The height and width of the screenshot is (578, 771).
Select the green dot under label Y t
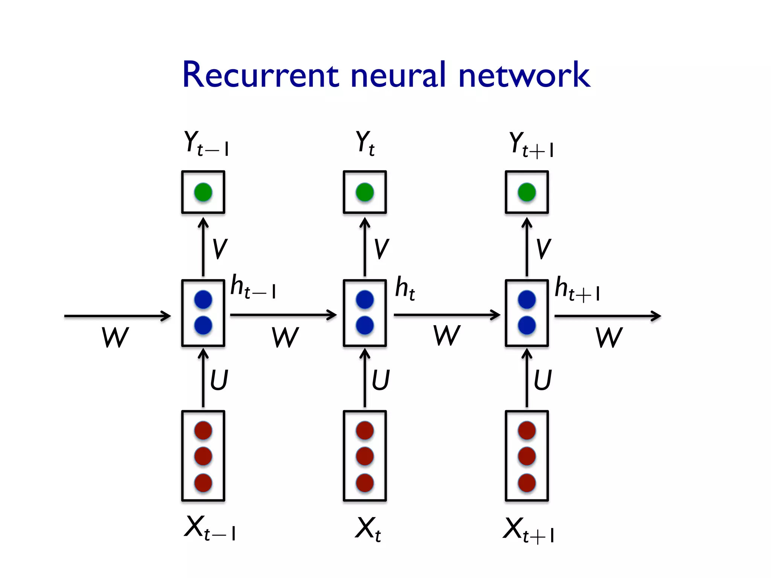pyautogui.click(x=365, y=192)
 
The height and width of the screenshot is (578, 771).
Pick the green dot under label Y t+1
pyautogui.click(x=527, y=192)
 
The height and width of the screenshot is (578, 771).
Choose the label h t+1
pyautogui.click(x=577, y=289)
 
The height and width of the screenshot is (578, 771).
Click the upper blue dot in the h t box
pyautogui.click(x=365, y=300)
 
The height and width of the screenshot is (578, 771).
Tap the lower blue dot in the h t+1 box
pyautogui.click(x=527, y=325)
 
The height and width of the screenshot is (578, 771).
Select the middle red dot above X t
pyautogui.click(x=365, y=456)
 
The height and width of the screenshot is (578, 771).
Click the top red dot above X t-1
pyautogui.click(x=203, y=430)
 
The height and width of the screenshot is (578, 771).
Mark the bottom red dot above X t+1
pyautogui.click(x=527, y=483)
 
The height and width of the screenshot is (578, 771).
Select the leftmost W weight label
pyautogui.click(x=115, y=337)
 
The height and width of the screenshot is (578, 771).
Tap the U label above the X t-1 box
pyautogui.click(x=219, y=380)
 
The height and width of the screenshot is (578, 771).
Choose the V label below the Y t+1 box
pyautogui.click(x=543, y=249)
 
